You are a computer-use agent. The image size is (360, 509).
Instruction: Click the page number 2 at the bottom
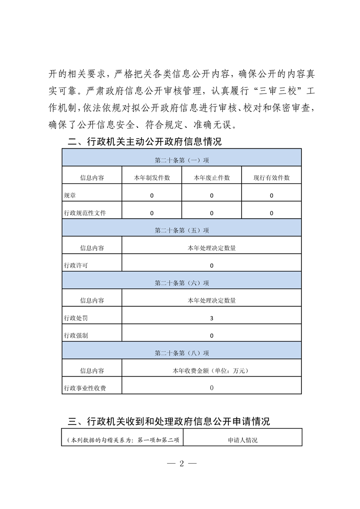181,464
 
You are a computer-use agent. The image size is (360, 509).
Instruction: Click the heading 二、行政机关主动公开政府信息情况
144,142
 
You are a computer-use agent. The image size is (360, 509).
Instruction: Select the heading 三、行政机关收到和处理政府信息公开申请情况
168,421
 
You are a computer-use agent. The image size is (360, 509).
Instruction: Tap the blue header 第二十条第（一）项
182,160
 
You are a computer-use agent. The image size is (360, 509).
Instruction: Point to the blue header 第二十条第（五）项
182,230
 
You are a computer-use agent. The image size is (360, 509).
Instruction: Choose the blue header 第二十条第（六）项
182,283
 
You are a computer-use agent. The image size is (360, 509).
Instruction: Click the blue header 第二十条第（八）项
182,353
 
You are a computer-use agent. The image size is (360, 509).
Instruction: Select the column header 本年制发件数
152,178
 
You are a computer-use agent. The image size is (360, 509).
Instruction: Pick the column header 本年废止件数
212,178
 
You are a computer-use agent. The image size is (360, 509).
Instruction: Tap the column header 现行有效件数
271,178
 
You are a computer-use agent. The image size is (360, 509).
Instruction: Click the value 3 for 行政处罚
212,318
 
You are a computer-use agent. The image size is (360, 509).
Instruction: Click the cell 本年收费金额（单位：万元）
212,371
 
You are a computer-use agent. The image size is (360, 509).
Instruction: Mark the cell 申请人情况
242,440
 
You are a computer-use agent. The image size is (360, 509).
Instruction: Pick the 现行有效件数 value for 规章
271,196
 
